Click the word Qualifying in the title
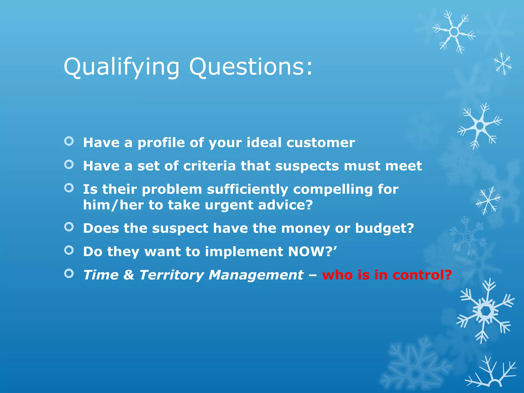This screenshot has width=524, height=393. click(122, 67)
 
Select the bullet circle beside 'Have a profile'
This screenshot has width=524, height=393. click(69, 141)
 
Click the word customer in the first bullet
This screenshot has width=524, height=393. click(321, 143)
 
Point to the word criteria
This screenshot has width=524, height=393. click(209, 166)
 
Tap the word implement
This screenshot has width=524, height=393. click(244, 252)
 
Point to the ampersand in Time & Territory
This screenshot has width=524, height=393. click(129, 275)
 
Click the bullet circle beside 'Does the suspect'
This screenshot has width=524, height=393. click(69, 227)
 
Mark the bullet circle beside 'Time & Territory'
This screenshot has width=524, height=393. click(69, 274)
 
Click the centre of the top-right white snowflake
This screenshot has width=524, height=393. click(454, 32)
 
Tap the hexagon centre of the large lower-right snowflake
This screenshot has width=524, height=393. click(485, 311)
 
